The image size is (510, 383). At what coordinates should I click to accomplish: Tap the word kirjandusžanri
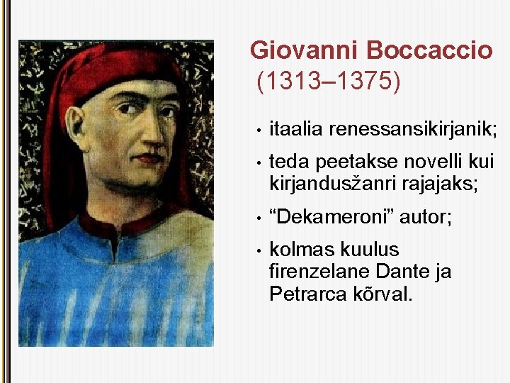pyautogui.click(x=327, y=184)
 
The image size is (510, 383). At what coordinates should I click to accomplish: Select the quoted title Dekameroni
pyautogui.click(x=331, y=217)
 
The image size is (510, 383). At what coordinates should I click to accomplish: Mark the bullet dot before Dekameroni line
pyautogui.click(x=261, y=218)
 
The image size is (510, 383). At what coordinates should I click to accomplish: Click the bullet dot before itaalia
pyautogui.click(x=261, y=129)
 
